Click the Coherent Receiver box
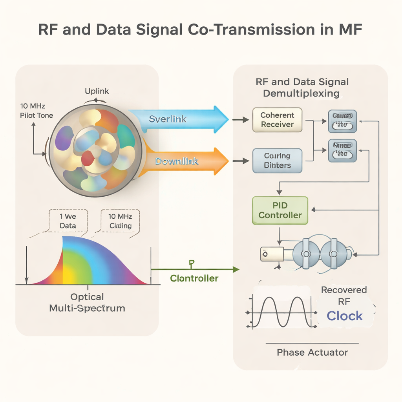pyautogui.click(x=277, y=120)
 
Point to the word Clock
pyautogui.click(x=345, y=316)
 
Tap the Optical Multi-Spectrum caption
pyautogui.click(x=87, y=302)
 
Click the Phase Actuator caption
pyautogui.click(x=312, y=352)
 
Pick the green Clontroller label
pyautogui.click(x=194, y=278)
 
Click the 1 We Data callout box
pyautogui.click(x=68, y=221)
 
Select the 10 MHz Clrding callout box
pyautogui.click(x=121, y=221)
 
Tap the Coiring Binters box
pyautogui.click(x=277, y=161)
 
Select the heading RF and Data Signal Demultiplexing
pyautogui.click(x=302, y=88)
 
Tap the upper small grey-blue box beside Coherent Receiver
pyautogui.click(x=342, y=121)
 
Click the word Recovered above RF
pyautogui.click(x=344, y=290)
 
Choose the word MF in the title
pyautogui.click(x=349, y=30)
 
